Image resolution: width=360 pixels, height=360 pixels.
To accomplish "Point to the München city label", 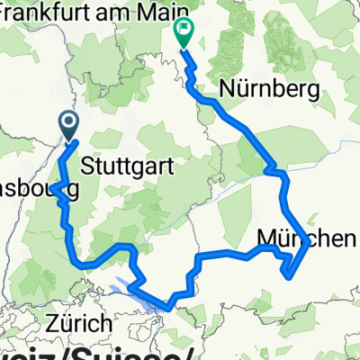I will click(308, 238).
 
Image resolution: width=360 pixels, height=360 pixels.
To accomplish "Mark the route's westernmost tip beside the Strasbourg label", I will click(51, 190).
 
